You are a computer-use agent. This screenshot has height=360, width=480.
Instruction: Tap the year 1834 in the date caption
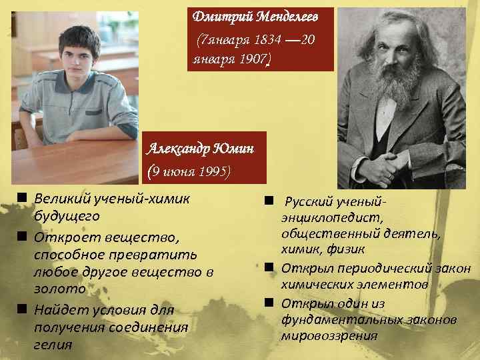[x=267, y=40]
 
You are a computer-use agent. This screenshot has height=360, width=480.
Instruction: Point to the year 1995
[x=213, y=171]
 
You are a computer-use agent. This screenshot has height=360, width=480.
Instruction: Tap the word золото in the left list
[x=59, y=289]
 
